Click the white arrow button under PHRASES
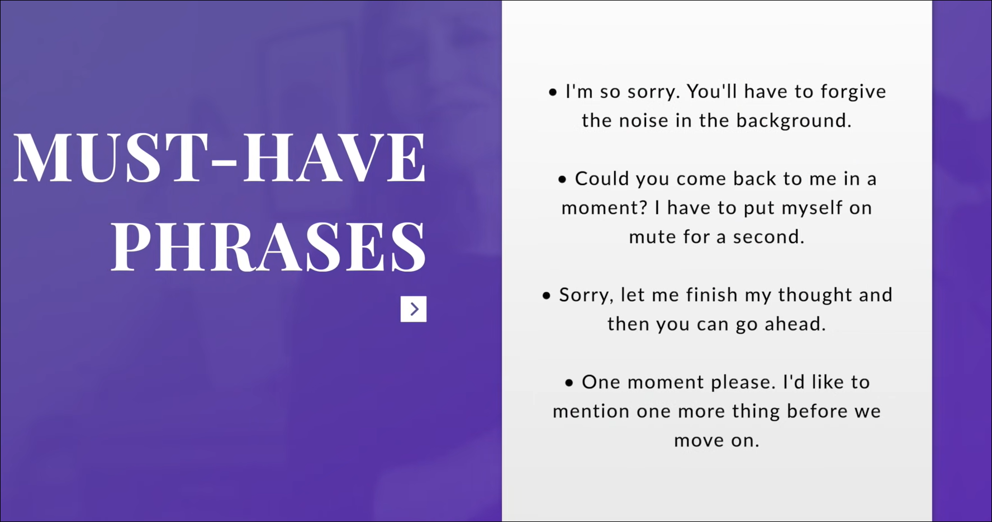click(414, 309)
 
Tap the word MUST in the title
click(107, 158)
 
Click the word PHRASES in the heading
click(268, 246)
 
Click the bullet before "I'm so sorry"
click(553, 92)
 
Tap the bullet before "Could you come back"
click(562, 179)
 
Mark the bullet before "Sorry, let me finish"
click(547, 296)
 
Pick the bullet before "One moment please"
click(569, 383)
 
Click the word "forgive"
click(853, 92)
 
